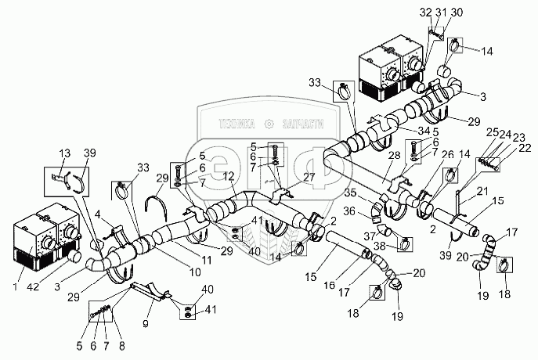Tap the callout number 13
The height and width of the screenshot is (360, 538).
coord(64,153)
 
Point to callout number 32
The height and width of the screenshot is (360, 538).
coord(425,13)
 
